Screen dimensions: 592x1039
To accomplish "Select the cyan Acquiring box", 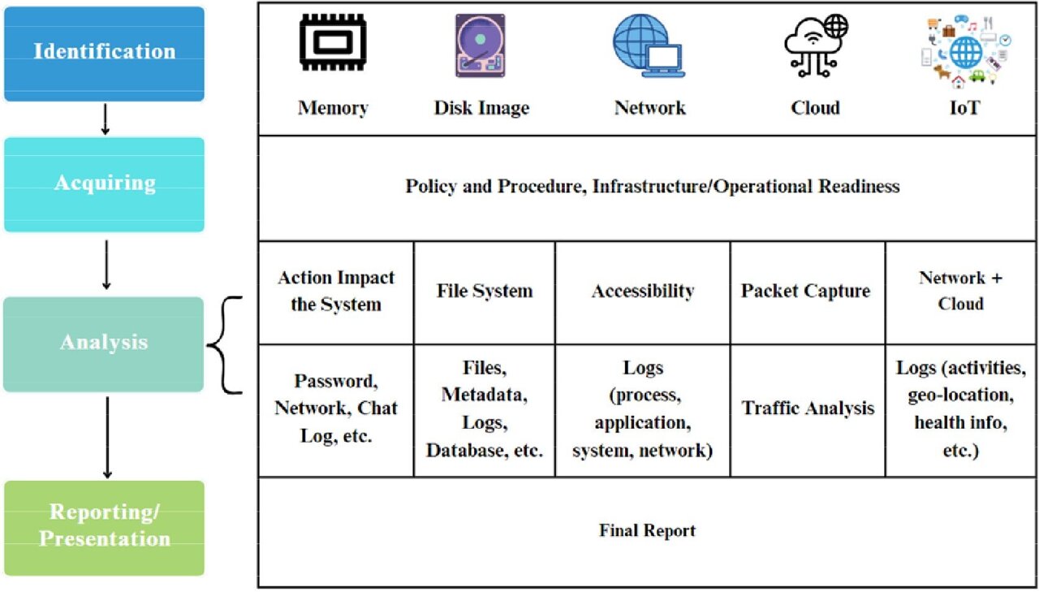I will (104, 184).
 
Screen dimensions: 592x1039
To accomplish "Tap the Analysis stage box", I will (104, 344).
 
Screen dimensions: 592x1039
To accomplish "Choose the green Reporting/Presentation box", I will (104, 527).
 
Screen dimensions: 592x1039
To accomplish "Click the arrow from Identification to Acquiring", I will (106, 119).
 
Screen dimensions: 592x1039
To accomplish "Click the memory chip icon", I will (332, 44).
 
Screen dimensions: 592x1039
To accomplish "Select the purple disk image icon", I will (481, 46).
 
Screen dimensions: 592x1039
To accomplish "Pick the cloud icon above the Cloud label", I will (815, 46).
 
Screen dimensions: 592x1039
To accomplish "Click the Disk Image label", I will (481, 108).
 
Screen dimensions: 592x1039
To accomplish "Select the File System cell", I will (485, 292).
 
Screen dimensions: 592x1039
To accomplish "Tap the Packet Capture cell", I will (805, 292).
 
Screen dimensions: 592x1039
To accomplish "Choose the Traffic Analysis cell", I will (808, 408).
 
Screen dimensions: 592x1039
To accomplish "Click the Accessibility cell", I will (643, 292).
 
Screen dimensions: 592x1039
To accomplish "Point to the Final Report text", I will (647, 531).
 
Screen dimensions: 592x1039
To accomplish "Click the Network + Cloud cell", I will (961, 291).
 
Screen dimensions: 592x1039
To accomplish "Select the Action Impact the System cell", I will (336, 292).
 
